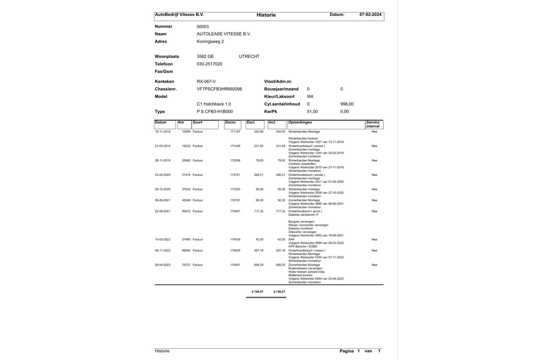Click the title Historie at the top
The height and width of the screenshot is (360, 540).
pyautogui.click(x=266, y=15)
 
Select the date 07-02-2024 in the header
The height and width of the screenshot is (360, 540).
pyautogui.click(x=370, y=15)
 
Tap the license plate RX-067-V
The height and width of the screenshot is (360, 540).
pyautogui.click(x=206, y=82)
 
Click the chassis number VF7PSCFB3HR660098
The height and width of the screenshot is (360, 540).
pyautogui.click(x=219, y=89)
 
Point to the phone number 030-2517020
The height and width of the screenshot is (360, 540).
pyautogui.click(x=209, y=64)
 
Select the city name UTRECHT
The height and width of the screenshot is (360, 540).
pyautogui.click(x=249, y=56)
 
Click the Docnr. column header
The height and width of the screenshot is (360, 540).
pyautogui.click(x=231, y=123)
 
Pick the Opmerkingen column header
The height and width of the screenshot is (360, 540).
pyautogui.click(x=300, y=123)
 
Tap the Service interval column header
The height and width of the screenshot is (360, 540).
pyautogui.click(x=373, y=124)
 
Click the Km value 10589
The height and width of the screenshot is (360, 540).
pyautogui.click(x=186, y=132)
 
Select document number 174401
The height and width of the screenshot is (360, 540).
pyautogui.click(x=235, y=211)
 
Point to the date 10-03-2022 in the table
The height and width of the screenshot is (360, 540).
pyautogui.click(x=163, y=240)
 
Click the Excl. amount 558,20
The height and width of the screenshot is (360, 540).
pyautogui.click(x=258, y=265)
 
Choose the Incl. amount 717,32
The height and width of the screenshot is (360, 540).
pyautogui.click(x=280, y=211)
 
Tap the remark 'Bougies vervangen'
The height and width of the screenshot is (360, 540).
pyautogui.click(x=301, y=222)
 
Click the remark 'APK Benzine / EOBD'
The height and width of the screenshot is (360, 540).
pyautogui.click(x=303, y=246)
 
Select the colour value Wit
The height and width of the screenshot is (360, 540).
pyautogui.click(x=310, y=96)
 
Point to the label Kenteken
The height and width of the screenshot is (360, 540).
pyautogui.click(x=164, y=82)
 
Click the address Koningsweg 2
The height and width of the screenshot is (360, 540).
pyautogui.click(x=210, y=41)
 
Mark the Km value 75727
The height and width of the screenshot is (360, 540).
pyautogui.click(x=186, y=265)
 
